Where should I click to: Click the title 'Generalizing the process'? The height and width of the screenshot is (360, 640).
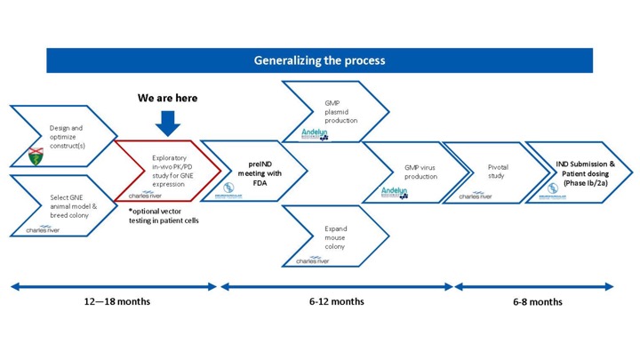pos(319,60)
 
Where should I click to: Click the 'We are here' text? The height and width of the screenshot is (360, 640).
pos(167,98)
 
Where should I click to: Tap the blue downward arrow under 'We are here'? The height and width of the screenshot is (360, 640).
pos(167,121)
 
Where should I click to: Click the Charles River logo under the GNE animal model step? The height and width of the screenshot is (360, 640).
pos(41,230)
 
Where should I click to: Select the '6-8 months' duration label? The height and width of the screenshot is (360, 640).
pos(537,301)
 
